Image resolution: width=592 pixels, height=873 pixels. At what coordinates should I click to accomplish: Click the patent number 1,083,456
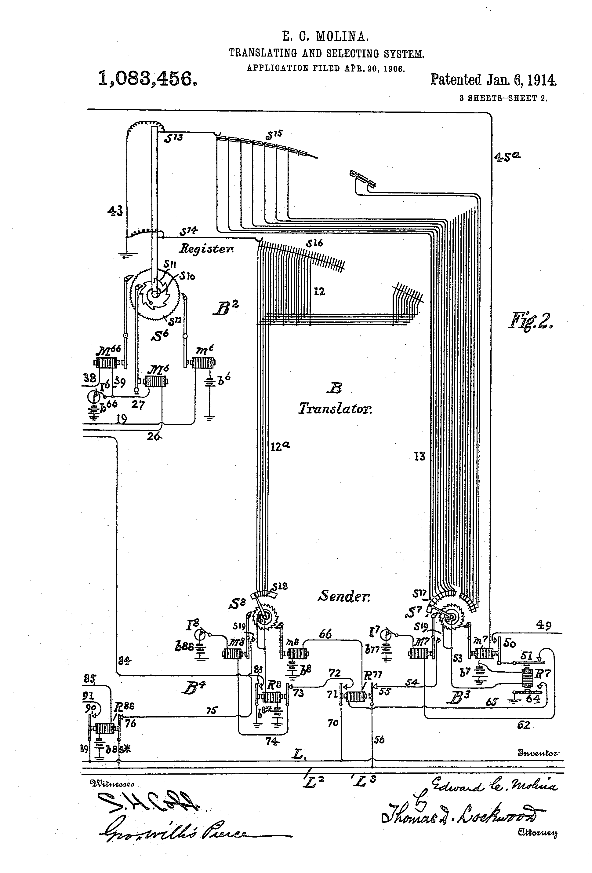tap(147, 79)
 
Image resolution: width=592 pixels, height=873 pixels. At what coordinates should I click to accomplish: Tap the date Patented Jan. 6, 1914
tap(493, 80)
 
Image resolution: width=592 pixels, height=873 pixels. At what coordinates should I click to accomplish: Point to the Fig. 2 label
tap(530, 321)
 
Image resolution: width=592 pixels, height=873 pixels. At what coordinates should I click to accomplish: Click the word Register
tap(206, 248)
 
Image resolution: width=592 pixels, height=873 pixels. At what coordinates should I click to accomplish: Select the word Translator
tap(335, 408)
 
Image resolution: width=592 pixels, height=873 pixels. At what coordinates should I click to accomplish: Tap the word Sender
tap(344, 596)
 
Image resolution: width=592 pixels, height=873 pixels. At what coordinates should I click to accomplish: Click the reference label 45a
tap(507, 156)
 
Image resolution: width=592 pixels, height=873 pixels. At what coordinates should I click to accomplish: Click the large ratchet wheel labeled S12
tap(155, 295)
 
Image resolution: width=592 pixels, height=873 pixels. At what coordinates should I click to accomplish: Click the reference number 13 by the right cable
tap(419, 457)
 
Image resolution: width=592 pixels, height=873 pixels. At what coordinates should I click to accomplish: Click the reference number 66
tap(325, 634)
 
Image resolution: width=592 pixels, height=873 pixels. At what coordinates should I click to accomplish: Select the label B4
tap(193, 688)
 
